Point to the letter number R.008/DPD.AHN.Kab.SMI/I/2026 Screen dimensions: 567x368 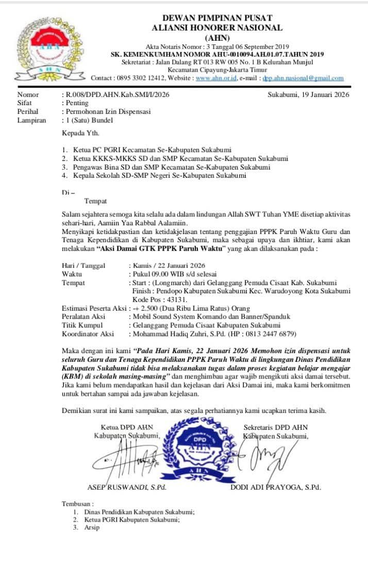[x=115, y=95]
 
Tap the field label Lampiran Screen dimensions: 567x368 [x=31, y=120]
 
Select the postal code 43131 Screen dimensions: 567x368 [x=176, y=299]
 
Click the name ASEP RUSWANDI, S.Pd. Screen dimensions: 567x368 [x=127, y=487]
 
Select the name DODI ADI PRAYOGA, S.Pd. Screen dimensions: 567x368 [x=275, y=487]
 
